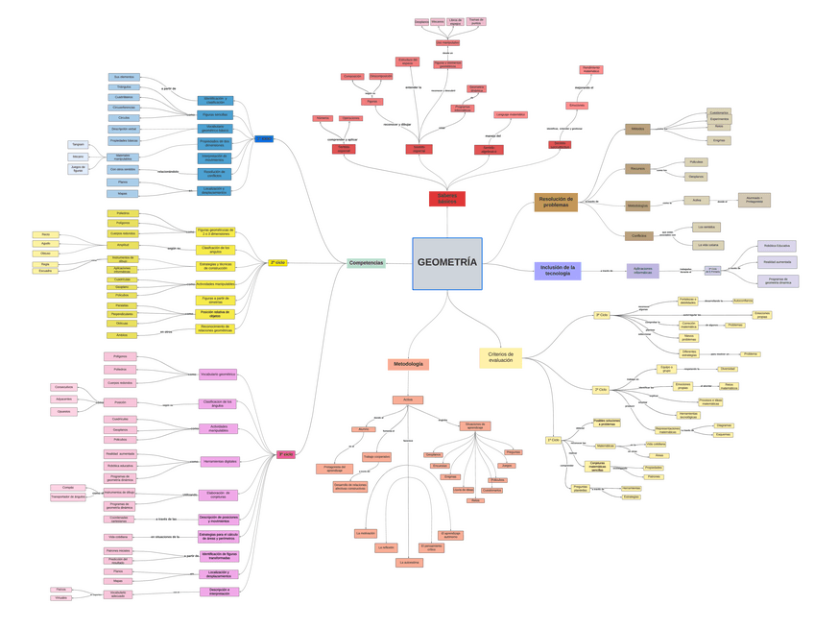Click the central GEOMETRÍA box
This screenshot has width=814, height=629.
click(x=446, y=263)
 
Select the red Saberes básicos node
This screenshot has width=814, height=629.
click(x=446, y=199)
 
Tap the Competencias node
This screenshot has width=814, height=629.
click(x=366, y=263)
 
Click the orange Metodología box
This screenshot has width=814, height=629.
click(x=408, y=364)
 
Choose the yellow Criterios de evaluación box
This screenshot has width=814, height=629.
click(x=500, y=357)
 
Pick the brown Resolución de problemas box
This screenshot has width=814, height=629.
click(x=556, y=202)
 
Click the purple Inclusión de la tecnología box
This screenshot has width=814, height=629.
click(x=557, y=271)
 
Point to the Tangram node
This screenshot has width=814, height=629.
click(x=78, y=144)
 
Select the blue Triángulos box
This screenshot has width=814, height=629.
click(x=124, y=86)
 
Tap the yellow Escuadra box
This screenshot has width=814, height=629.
click(x=45, y=271)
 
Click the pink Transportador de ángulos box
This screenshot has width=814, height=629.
click(x=68, y=497)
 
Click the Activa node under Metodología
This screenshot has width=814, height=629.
click(x=407, y=399)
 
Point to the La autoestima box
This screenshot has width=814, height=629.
click(x=409, y=563)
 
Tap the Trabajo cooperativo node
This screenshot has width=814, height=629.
click(x=376, y=457)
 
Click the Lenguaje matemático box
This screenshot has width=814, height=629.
click(x=511, y=114)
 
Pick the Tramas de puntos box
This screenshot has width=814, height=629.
click(x=476, y=21)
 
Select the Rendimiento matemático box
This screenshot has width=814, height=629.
click(x=591, y=69)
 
